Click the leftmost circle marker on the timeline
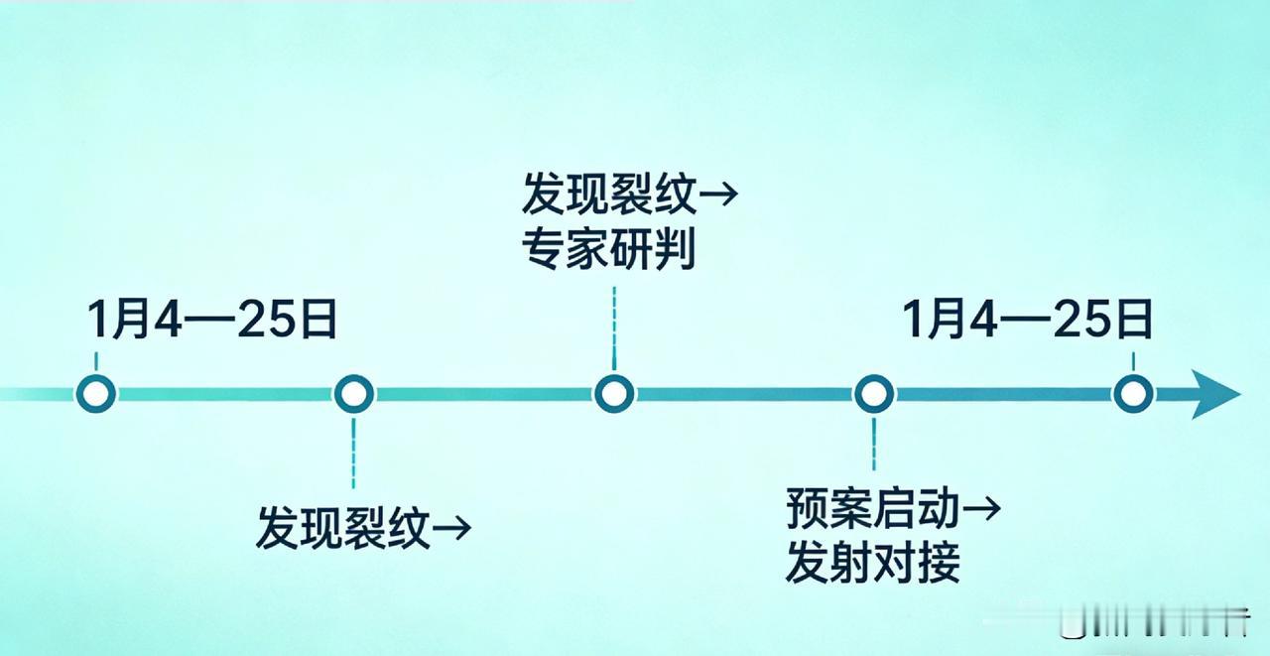click(96, 394)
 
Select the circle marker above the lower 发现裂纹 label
click(354, 394)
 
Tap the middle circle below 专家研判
click(614, 394)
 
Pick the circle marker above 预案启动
click(873, 394)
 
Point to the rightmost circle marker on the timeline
click(1133, 394)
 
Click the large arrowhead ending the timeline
click(1215, 394)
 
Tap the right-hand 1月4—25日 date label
click(1028, 321)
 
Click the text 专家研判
click(608, 250)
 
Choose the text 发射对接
click(872, 564)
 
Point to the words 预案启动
click(872, 509)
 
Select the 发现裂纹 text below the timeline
click(342, 527)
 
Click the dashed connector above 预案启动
click(873, 444)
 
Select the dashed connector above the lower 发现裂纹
click(354, 452)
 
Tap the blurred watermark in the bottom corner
click(1151, 622)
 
